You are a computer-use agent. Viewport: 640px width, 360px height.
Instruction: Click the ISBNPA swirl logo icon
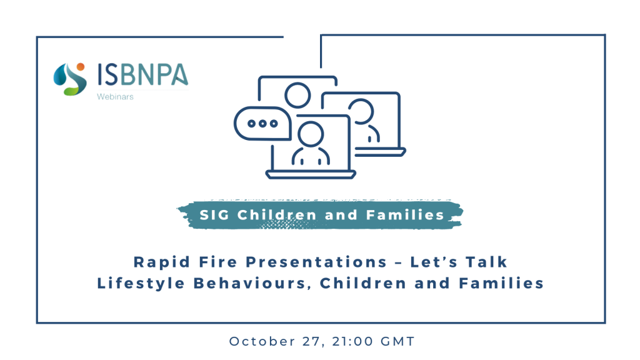[70, 79]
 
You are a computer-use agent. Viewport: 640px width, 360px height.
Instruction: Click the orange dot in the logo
[81, 67]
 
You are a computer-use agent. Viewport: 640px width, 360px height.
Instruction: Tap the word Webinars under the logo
[115, 97]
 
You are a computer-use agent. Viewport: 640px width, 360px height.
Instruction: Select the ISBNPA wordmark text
[142, 74]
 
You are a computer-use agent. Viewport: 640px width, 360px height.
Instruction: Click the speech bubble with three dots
[262, 123]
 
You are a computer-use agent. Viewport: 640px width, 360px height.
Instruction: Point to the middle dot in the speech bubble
[262, 123]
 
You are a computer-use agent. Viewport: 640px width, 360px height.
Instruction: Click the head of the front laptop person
[311, 134]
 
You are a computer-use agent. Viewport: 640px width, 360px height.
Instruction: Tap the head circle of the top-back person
[297, 96]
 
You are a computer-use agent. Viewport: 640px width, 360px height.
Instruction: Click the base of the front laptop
[311, 175]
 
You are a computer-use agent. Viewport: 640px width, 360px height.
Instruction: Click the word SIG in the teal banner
[214, 215]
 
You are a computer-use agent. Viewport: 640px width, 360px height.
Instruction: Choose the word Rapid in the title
[162, 262]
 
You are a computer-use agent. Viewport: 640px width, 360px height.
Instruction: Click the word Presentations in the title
[316, 262]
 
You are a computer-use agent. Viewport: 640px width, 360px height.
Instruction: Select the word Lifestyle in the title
[141, 283]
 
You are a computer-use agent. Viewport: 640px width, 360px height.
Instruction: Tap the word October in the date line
[262, 341]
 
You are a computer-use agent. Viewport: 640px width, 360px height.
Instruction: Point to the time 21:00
[353, 341]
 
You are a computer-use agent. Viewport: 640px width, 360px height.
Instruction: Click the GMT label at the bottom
[398, 341]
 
